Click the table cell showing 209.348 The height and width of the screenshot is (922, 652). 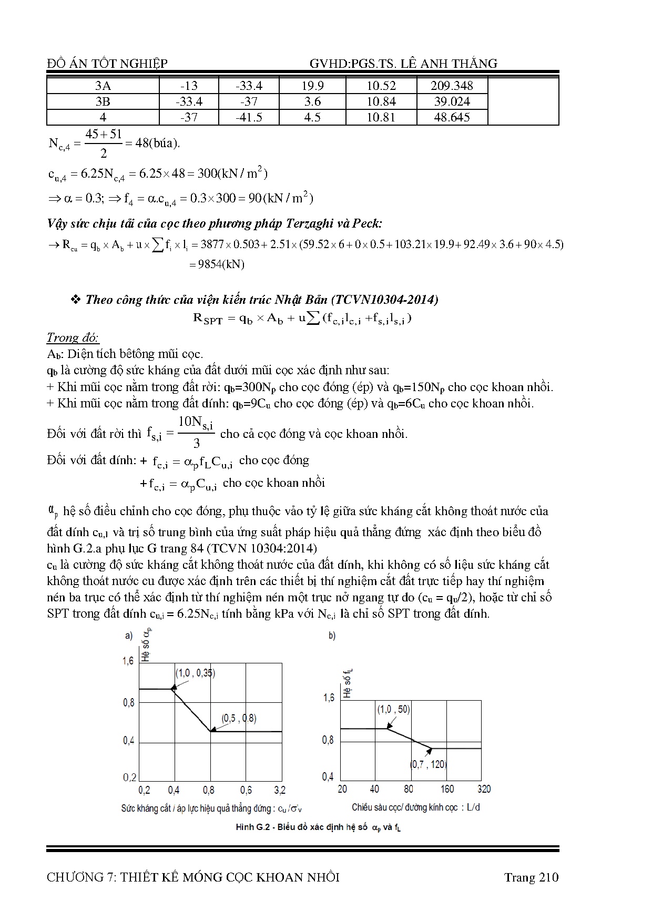pyautogui.click(x=452, y=86)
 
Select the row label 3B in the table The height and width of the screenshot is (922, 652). pyautogui.click(x=103, y=101)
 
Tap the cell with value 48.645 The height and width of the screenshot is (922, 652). pyautogui.click(x=452, y=117)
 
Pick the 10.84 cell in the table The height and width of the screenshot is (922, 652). pyautogui.click(x=381, y=101)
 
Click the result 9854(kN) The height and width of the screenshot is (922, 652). pyautogui.click(x=217, y=264)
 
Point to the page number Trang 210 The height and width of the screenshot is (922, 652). pyautogui.click(x=531, y=877)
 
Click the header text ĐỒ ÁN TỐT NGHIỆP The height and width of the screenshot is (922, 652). pyautogui.click(x=107, y=64)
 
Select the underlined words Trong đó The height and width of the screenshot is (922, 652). pyautogui.click(x=73, y=337)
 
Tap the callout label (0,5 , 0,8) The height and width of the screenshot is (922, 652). pyautogui.click(x=239, y=718)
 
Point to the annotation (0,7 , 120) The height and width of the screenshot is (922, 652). pyautogui.click(x=428, y=764)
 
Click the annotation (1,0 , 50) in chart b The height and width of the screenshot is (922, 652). pyautogui.click(x=393, y=709)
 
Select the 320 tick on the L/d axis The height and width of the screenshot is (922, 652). pyautogui.click(x=484, y=789)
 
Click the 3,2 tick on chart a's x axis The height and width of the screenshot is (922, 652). pyautogui.click(x=280, y=790)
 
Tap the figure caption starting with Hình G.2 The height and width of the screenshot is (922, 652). pyautogui.click(x=319, y=827)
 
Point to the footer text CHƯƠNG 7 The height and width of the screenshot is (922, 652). pyautogui.click(x=192, y=877)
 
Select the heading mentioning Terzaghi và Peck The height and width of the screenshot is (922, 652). pyautogui.click(x=215, y=223)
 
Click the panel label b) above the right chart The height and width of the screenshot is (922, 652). pyautogui.click(x=332, y=636)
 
